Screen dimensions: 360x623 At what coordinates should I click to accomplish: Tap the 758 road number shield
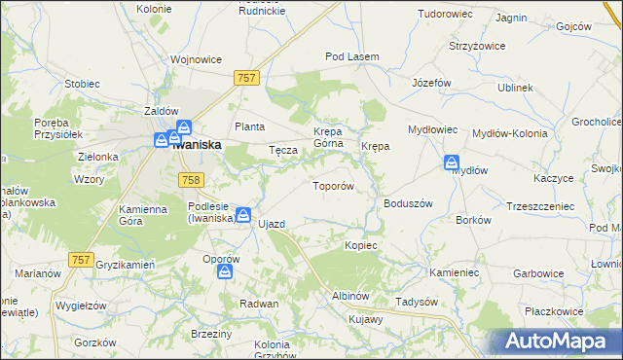[191, 178]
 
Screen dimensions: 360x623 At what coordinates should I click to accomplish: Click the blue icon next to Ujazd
[243, 216]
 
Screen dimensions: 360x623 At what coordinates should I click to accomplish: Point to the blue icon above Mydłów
[452, 162]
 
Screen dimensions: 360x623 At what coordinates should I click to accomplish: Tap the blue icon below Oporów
[225, 273]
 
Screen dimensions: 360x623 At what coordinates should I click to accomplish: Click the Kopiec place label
[360, 245]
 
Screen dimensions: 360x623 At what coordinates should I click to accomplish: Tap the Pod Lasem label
[351, 57]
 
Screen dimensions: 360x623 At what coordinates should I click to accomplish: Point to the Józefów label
[431, 83]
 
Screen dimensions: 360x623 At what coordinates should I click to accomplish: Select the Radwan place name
[260, 304]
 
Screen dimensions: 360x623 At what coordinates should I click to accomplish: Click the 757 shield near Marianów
[82, 259]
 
